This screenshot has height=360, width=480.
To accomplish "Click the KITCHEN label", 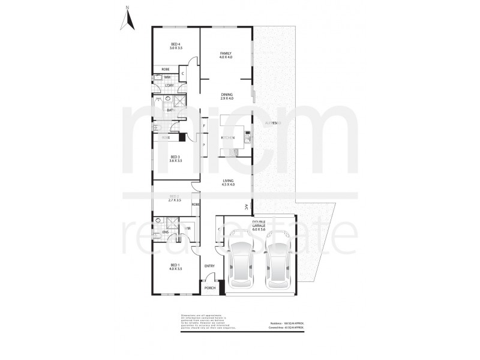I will coord(229,139).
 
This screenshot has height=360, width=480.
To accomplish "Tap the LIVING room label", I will coord(227,182).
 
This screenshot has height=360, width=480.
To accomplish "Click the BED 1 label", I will coord(175,266).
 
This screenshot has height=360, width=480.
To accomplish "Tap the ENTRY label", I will coord(209,266).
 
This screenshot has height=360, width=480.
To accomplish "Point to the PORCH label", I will coord(210,287).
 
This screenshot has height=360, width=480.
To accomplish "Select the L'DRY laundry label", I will coord(170,85).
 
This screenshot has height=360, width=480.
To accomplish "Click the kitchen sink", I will coord(246,139).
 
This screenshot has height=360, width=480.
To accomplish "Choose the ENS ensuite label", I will coord(165,232).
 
